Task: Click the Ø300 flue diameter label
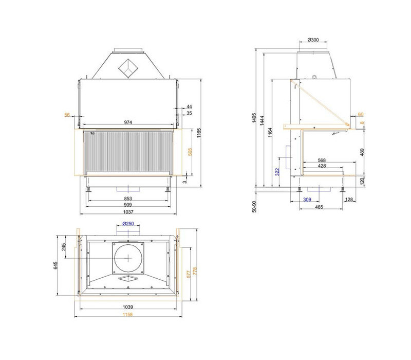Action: (313, 40)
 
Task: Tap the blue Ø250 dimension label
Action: (128, 224)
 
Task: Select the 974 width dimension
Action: (128, 122)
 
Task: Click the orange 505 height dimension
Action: (190, 152)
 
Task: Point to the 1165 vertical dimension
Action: (199, 133)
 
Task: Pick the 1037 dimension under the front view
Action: (128, 212)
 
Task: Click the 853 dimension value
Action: (128, 199)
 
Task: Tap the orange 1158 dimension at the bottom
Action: (128, 315)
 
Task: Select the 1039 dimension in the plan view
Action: (128, 307)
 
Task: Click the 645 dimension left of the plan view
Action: (55, 265)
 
